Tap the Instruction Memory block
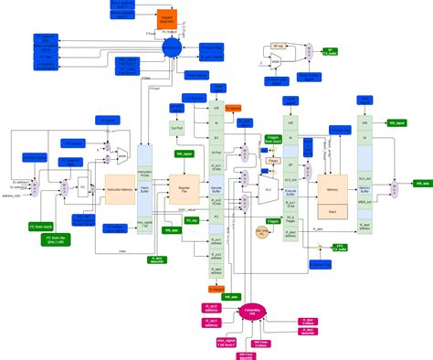click(121, 189)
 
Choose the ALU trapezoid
click(269, 188)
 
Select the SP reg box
click(280, 46)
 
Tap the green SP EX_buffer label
click(330, 52)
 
